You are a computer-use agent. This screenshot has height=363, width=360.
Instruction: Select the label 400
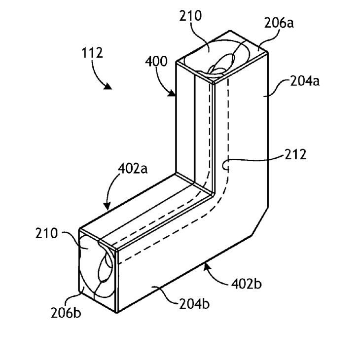(157, 62)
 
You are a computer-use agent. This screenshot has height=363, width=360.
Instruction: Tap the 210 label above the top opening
(190, 15)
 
